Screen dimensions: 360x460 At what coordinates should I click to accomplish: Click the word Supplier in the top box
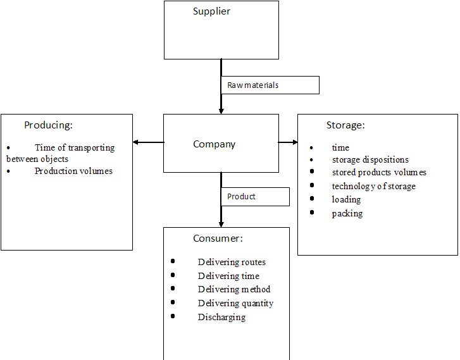tap(211, 11)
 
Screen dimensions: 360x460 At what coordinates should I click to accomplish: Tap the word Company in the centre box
tap(214, 144)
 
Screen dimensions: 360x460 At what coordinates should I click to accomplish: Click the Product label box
tap(255, 197)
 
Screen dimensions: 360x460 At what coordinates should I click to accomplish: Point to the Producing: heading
tap(48, 125)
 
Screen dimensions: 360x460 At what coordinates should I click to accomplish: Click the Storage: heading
tap(345, 125)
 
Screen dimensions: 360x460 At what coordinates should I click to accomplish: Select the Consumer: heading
tap(218, 239)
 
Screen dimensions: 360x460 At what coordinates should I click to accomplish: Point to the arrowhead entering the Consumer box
tap(221, 223)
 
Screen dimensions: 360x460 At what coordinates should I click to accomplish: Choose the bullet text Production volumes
tap(73, 171)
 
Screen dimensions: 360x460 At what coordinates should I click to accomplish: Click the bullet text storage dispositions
tap(370, 160)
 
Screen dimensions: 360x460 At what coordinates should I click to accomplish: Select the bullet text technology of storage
tap(373, 186)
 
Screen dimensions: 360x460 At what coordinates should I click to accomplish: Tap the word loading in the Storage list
tap(346, 199)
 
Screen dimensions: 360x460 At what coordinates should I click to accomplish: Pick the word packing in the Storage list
tap(347, 213)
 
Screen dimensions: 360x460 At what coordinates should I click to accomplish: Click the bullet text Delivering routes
tap(232, 262)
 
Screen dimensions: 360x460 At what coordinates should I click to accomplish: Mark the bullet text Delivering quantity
tap(235, 303)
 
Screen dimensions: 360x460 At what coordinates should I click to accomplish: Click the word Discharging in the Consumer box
tap(221, 317)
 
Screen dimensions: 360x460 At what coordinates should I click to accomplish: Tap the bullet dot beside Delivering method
tap(173, 289)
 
